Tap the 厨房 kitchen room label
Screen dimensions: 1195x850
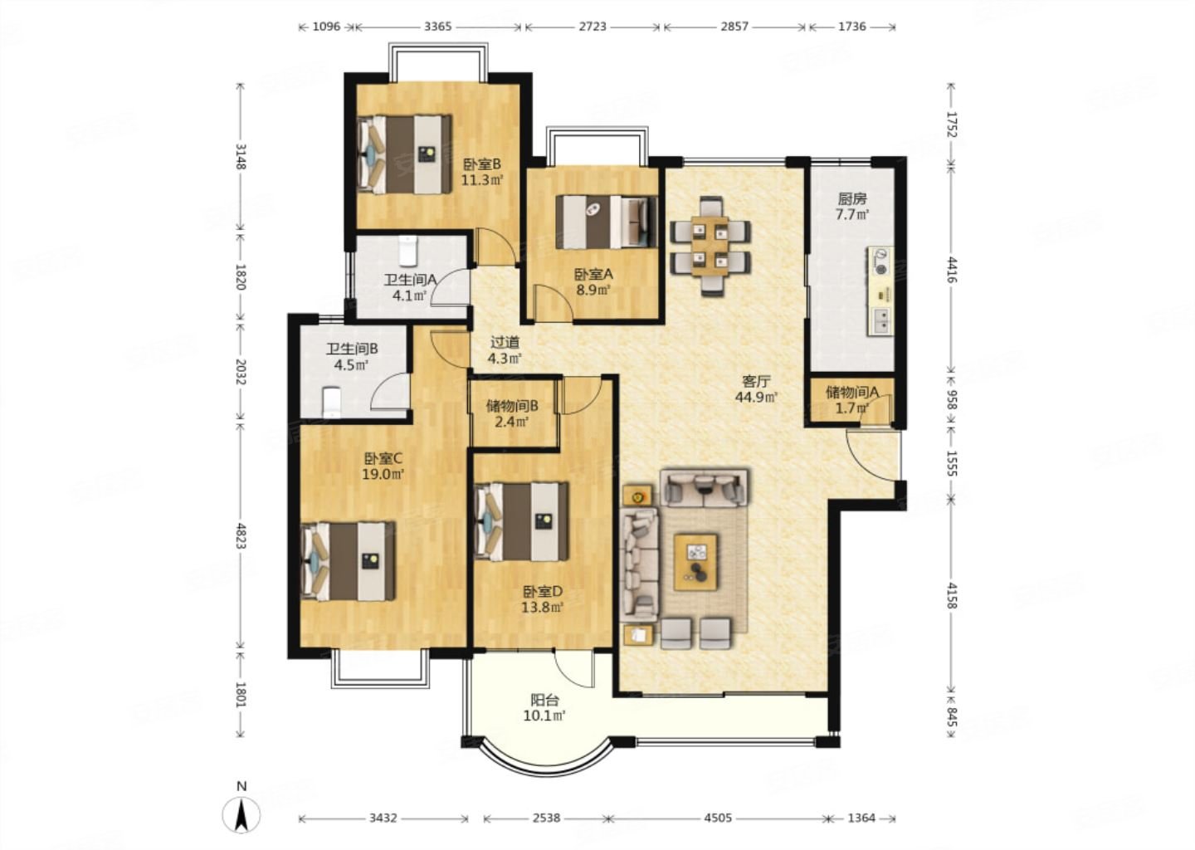point(852,199)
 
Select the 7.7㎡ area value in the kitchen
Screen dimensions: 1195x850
point(852,215)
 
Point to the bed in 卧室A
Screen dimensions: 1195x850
point(606,222)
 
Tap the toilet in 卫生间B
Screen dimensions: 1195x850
point(332,403)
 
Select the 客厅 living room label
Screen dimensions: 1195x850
point(756,382)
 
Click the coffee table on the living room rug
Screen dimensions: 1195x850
point(695,562)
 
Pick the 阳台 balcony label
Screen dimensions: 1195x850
point(544,700)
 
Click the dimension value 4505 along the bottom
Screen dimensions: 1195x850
point(718,818)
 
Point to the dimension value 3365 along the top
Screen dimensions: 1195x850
point(438,26)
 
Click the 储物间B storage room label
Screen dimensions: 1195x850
point(512,406)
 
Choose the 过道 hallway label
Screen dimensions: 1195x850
point(505,342)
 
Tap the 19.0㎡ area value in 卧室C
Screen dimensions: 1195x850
point(383,474)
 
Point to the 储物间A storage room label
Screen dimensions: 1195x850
point(852,392)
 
